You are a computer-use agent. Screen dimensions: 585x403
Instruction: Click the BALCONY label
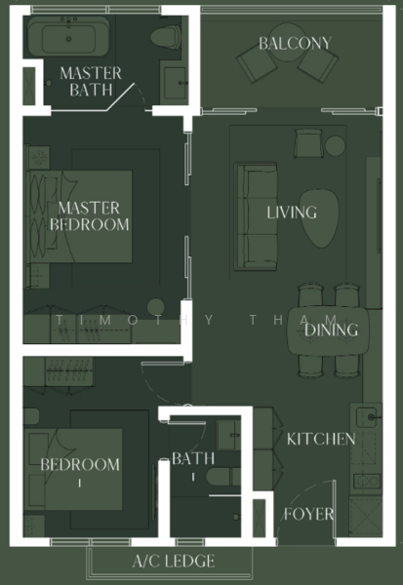tap(295, 44)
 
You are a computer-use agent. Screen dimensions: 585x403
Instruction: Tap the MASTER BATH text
tap(91, 82)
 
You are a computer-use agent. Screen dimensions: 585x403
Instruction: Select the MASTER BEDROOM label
tap(89, 215)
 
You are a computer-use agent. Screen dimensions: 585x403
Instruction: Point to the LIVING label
tap(292, 213)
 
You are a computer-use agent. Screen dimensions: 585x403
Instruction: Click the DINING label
tap(331, 331)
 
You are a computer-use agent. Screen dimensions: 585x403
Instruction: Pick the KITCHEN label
tap(320, 440)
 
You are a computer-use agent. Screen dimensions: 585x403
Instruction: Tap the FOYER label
tap(308, 514)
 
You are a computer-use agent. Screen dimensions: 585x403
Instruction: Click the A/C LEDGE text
tap(174, 562)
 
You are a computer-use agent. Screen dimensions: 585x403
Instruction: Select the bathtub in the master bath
tap(67, 38)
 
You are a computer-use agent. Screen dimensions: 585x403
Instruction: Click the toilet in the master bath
tap(167, 38)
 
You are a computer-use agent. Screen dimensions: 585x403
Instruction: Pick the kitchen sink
tap(368, 417)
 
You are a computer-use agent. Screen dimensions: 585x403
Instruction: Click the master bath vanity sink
tap(176, 83)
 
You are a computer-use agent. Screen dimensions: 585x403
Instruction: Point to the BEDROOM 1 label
tap(80, 472)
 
